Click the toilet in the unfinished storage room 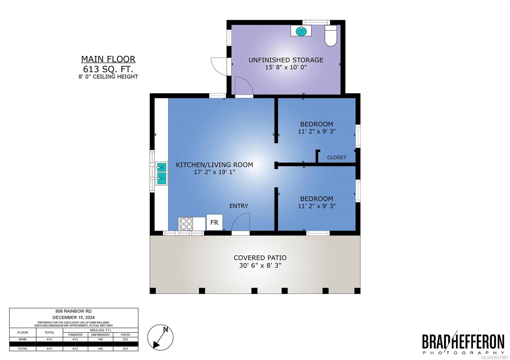coord(331,35)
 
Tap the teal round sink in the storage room coord(301,31)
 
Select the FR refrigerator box coord(215,222)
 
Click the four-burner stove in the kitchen coord(186,224)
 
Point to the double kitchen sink coord(161,173)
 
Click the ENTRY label coord(239,206)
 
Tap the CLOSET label coord(337,157)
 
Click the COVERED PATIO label coord(260,258)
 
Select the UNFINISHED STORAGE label coord(286,60)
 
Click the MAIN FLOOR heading coord(108,59)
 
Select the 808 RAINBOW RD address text coord(74,311)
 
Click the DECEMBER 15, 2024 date coord(74,317)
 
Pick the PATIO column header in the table coord(126,335)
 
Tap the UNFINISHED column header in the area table coord(100,335)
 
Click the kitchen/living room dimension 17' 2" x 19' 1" coord(215,172)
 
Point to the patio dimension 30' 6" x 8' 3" coord(260,265)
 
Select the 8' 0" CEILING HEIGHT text coord(108,77)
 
